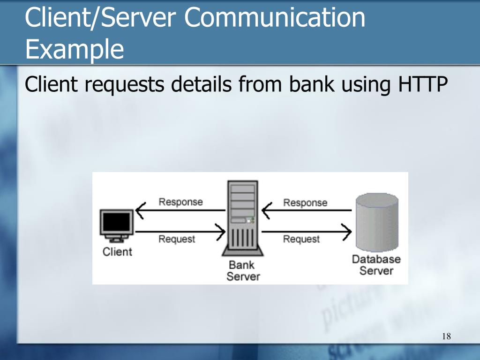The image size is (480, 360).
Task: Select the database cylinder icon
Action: click(x=377, y=222)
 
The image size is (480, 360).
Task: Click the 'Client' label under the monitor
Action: click(x=117, y=252)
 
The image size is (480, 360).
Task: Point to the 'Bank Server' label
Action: click(x=242, y=270)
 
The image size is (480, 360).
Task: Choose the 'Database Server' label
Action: click(x=376, y=265)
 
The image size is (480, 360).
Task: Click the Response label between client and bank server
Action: click(x=180, y=202)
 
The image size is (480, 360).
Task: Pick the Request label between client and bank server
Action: click(x=177, y=239)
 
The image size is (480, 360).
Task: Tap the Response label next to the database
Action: click(x=305, y=202)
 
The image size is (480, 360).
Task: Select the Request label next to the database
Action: click(x=301, y=239)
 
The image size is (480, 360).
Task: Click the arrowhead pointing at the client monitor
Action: click(x=140, y=210)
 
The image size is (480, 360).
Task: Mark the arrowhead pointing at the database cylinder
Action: click(x=347, y=231)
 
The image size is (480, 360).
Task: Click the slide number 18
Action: click(x=446, y=337)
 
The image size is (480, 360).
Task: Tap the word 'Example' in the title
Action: click(x=75, y=49)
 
